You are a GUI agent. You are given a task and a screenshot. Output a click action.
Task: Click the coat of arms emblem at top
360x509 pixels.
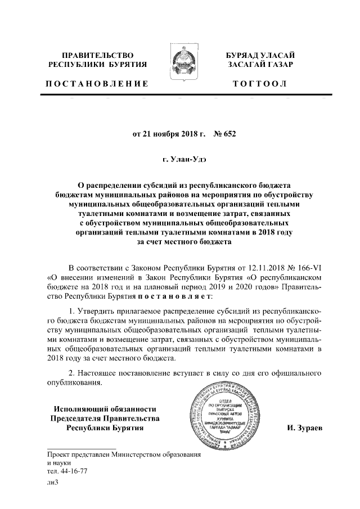click(x=180, y=66)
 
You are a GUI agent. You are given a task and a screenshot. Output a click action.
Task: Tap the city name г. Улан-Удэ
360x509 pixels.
click(x=180, y=160)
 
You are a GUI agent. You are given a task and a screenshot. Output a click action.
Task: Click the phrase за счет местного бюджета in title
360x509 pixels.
click(x=180, y=242)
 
